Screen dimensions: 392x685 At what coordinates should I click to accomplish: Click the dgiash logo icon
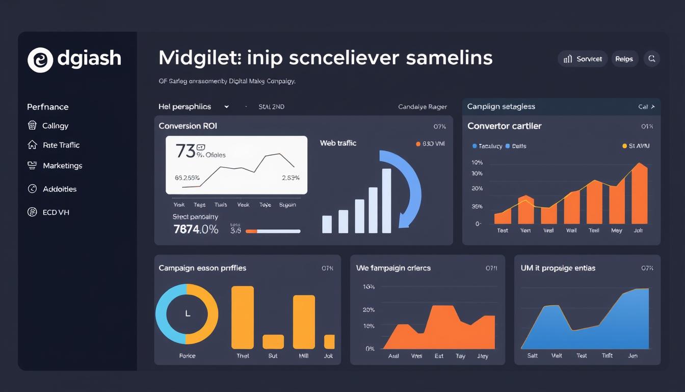pos(40,60)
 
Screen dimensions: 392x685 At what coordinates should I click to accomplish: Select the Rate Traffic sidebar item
pos(61,145)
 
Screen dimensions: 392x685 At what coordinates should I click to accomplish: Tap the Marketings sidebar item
pos(62,165)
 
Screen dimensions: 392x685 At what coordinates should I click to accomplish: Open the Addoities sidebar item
pos(60,189)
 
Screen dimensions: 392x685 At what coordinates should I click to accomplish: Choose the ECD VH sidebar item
pos(56,212)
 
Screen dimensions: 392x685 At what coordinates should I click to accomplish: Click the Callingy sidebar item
pos(55,126)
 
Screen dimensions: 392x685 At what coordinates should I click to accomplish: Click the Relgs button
pos(624,59)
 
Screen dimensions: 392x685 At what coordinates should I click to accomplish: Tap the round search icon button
pos(651,59)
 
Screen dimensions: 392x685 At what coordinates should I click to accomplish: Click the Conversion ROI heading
pos(188,126)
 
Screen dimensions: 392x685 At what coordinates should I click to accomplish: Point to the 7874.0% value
pos(196,229)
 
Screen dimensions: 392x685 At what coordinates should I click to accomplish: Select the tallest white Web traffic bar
pos(386,201)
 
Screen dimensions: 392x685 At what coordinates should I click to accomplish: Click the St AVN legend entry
pos(636,146)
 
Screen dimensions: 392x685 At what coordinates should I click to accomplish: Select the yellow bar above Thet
pos(243,317)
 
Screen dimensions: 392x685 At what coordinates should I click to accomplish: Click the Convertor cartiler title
pos(504,126)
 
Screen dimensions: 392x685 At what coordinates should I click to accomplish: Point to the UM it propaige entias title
pos(558,268)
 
